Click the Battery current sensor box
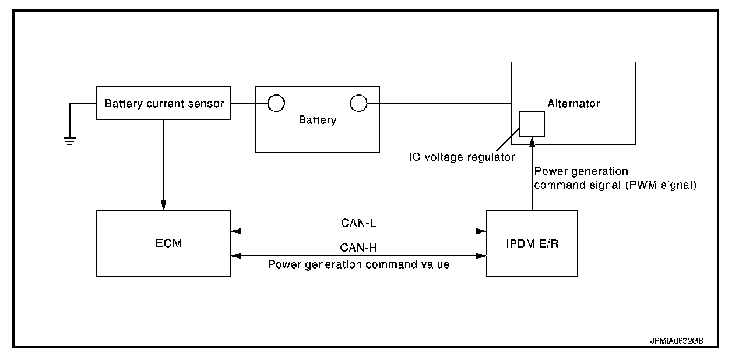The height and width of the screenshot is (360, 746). point(163,104)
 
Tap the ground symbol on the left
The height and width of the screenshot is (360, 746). point(70,140)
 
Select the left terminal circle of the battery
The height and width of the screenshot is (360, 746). point(276,104)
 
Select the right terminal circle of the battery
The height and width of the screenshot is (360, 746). point(358,104)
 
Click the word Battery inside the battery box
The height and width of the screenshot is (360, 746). point(317,121)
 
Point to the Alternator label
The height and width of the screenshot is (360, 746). point(573,104)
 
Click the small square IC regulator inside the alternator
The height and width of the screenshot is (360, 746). point(532,123)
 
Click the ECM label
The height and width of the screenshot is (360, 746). point(164,243)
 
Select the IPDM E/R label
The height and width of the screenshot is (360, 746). point(532,243)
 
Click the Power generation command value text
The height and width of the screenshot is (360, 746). point(358,264)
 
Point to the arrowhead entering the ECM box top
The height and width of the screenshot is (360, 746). point(164,205)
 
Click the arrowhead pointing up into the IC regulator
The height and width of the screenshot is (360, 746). point(532,140)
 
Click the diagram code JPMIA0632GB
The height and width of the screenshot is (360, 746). point(677,340)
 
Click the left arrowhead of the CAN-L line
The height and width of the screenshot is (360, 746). point(235,231)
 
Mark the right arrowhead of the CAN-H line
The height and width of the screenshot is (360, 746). point(483,255)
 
